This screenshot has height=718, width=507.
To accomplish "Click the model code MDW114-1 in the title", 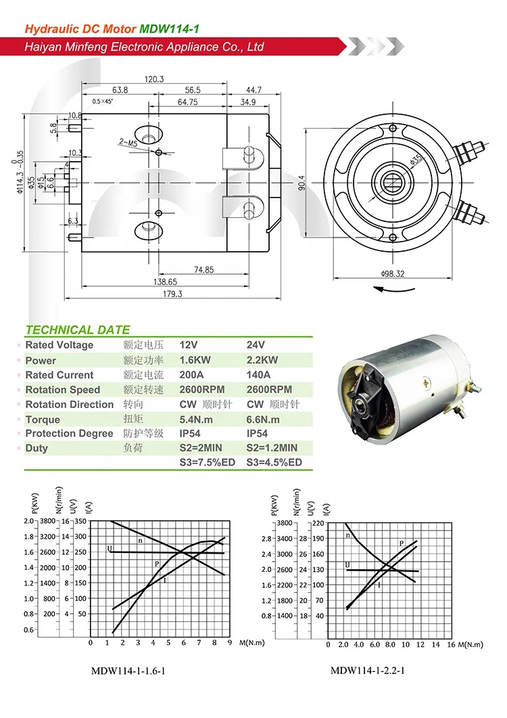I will coord(169,28).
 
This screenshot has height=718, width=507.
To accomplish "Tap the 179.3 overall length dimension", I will coord(172,294).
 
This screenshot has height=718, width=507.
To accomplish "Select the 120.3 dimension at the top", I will coord(155,79).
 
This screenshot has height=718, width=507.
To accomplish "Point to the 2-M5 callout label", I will coord(128,142).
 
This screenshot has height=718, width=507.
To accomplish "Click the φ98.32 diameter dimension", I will coord(392,273).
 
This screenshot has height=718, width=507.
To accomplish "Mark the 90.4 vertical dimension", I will coord(301,183).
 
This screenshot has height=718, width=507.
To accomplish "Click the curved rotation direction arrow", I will coord(395,289).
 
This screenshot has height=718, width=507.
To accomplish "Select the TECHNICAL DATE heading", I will coord(77,330).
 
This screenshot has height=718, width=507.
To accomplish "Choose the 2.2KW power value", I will coord(263,360).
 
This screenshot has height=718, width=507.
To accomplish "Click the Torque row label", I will coord(43,419).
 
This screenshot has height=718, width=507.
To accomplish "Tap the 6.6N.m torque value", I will coord(264,419).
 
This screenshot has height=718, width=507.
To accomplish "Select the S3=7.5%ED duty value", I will coord(207,463).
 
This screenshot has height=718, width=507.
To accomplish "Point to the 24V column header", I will coord(256,345).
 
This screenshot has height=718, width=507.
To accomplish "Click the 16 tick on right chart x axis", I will coord(451,644).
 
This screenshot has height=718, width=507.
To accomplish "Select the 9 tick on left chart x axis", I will coord(229,642).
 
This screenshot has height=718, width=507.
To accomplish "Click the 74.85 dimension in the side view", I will coord(203,269).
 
